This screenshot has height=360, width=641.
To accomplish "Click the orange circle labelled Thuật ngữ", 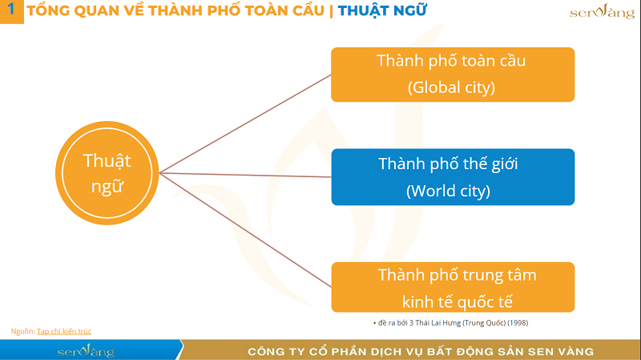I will (x=107, y=172).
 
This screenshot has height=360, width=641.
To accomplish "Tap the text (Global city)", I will (x=452, y=87).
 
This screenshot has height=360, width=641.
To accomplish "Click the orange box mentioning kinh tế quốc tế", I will (x=453, y=288).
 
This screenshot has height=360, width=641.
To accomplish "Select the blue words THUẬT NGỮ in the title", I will (x=382, y=11).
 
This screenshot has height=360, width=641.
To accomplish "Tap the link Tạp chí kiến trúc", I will (x=70, y=330).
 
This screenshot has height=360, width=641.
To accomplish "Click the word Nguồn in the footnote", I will (x=22, y=330).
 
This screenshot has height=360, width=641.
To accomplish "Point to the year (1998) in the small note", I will (x=516, y=322).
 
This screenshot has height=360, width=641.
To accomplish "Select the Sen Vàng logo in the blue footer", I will (x=86, y=351).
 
